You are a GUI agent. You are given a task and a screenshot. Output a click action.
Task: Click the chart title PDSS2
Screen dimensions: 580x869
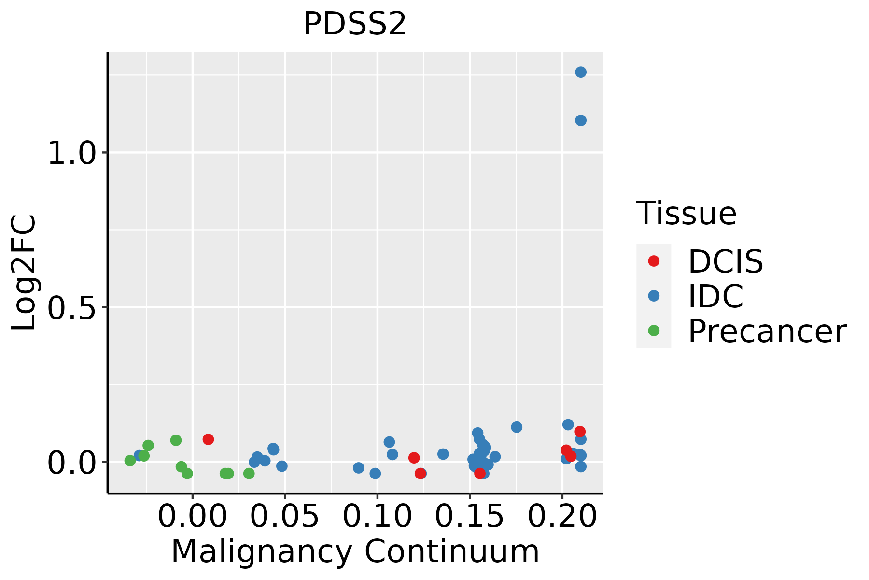click(355, 24)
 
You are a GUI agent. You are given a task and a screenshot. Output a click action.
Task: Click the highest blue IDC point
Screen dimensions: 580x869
click(581, 72)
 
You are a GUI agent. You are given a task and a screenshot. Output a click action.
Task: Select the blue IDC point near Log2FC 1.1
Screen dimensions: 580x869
click(581, 120)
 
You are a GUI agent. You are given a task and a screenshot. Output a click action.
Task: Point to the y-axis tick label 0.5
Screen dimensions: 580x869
click(70, 308)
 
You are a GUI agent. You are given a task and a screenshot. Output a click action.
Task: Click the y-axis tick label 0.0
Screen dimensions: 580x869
click(70, 463)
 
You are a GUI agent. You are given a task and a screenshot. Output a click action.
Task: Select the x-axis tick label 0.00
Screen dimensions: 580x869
click(192, 516)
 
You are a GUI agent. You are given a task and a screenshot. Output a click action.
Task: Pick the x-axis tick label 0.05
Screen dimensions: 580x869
click(285, 516)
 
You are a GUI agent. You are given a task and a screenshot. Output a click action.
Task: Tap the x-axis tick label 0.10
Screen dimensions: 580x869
click(377, 516)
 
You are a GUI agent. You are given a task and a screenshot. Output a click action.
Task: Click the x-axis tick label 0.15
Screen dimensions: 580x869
click(470, 516)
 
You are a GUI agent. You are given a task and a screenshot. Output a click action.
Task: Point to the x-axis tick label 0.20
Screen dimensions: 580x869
click(562, 516)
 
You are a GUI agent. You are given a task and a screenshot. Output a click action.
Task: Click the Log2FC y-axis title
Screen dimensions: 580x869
click(24, 273)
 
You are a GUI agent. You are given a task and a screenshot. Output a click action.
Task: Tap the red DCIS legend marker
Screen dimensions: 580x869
click(654, 261)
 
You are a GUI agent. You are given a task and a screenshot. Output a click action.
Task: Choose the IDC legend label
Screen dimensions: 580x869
click(715, 296)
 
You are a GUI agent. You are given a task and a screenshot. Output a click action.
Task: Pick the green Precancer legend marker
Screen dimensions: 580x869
click(654, 331)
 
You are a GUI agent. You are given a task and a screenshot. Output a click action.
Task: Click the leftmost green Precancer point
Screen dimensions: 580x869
click(130, 461)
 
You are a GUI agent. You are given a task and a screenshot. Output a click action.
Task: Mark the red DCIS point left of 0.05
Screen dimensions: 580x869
click(208, 439)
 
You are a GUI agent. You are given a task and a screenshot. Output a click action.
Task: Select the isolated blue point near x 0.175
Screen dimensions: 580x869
click(517, 427)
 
